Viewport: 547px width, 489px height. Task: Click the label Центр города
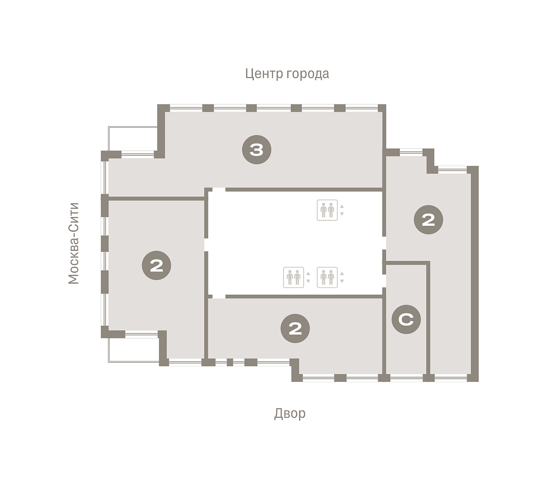(287, 74)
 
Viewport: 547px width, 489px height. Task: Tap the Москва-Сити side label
(73, 243)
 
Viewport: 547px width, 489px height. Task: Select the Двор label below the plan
(290, 413)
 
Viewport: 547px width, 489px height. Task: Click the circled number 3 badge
(257, 150)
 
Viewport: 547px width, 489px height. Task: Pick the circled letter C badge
(406, 319)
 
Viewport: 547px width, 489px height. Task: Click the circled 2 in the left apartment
(156, 265)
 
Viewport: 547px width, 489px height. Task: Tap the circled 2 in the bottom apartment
(295, 328)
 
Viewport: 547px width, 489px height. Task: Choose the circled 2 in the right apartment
(428, 220)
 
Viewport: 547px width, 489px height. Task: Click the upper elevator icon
(327, 210)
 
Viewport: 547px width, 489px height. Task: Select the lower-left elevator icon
(294, 277)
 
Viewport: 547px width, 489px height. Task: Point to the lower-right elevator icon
(327, 277)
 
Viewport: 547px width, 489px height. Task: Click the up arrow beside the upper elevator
(342, 206)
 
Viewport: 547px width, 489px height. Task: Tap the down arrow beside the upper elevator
(342, 213)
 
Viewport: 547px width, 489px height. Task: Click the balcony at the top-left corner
(133, 139)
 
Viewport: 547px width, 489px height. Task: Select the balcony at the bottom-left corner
(134, 350)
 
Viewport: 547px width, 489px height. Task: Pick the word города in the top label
(308, 74)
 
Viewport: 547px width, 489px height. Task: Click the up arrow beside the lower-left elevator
(308, 274)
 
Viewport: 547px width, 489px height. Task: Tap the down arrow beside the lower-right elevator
(342, 281)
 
